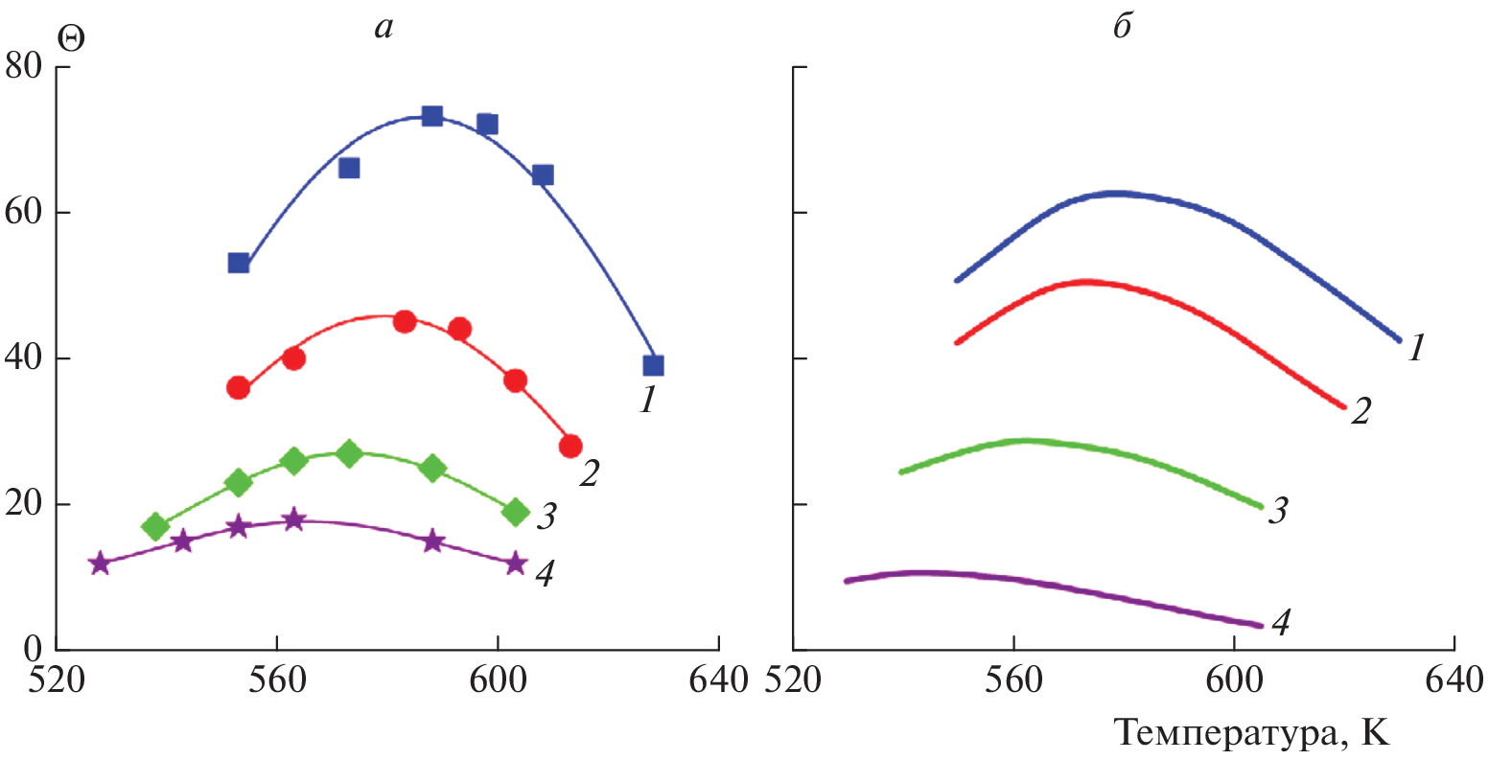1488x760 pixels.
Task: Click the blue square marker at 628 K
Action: coord(653,365)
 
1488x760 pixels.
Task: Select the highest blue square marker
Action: coord(432,116)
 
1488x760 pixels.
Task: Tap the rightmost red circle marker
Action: coord(570,446)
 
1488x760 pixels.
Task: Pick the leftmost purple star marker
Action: coord(100,564)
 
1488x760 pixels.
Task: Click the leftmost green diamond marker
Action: coord(155,526)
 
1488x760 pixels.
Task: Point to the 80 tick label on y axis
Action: coord(24,67)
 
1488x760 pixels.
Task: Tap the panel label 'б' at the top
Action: coord(1122,27)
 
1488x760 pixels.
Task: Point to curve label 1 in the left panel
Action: coord(649,400)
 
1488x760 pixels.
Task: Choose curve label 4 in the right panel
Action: coord(1280,623)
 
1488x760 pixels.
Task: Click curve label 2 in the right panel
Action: coord(1360,411)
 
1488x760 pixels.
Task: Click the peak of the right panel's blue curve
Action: coord(1116,194)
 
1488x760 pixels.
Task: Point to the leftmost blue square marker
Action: coord(239,263)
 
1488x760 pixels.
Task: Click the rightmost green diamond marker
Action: coord(516,513)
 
